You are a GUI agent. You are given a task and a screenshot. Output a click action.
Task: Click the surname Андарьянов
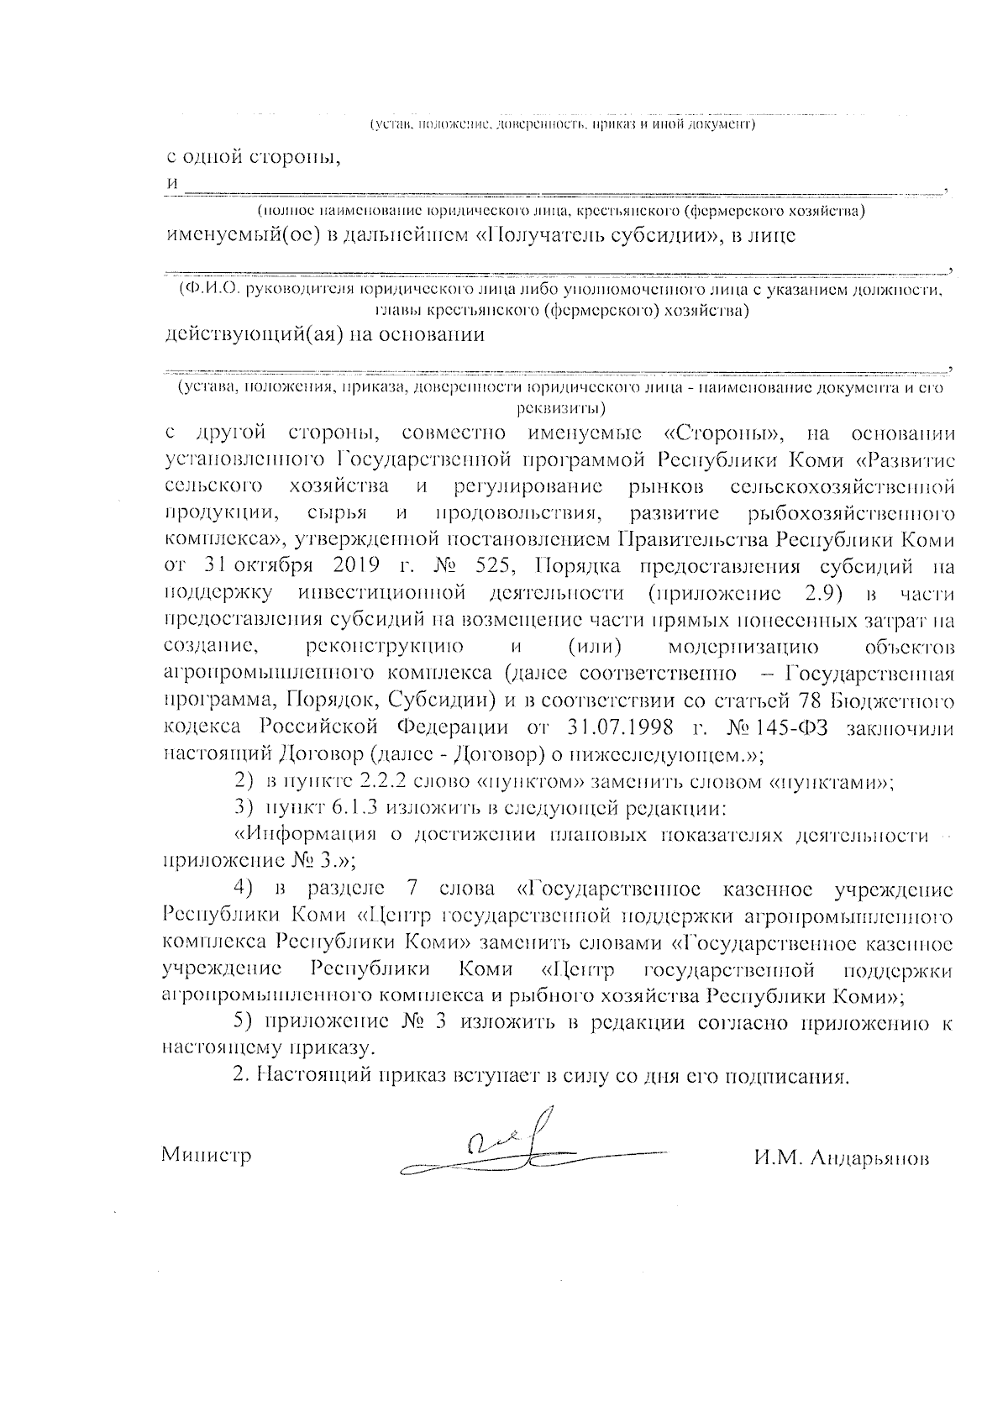842,1158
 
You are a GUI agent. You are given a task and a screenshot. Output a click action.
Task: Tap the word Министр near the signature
206,1156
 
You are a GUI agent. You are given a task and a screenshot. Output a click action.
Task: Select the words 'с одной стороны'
251,156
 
